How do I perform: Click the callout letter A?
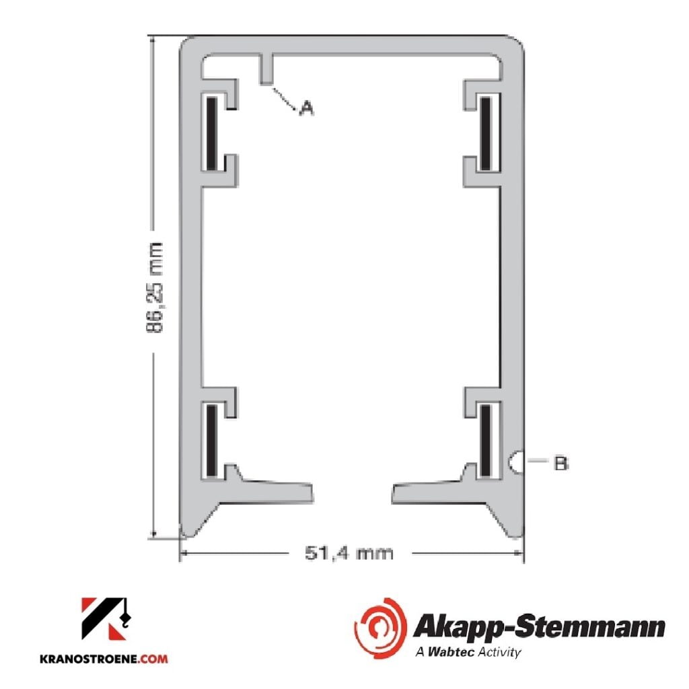306,107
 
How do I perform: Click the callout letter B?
560,463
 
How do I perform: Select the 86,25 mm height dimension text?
155,288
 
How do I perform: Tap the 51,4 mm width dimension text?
349,554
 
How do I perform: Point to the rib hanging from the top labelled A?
266,67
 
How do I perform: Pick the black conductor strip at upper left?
211,133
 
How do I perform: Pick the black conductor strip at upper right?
486,133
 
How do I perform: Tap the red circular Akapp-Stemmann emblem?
380,628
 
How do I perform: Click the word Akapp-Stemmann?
538,627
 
